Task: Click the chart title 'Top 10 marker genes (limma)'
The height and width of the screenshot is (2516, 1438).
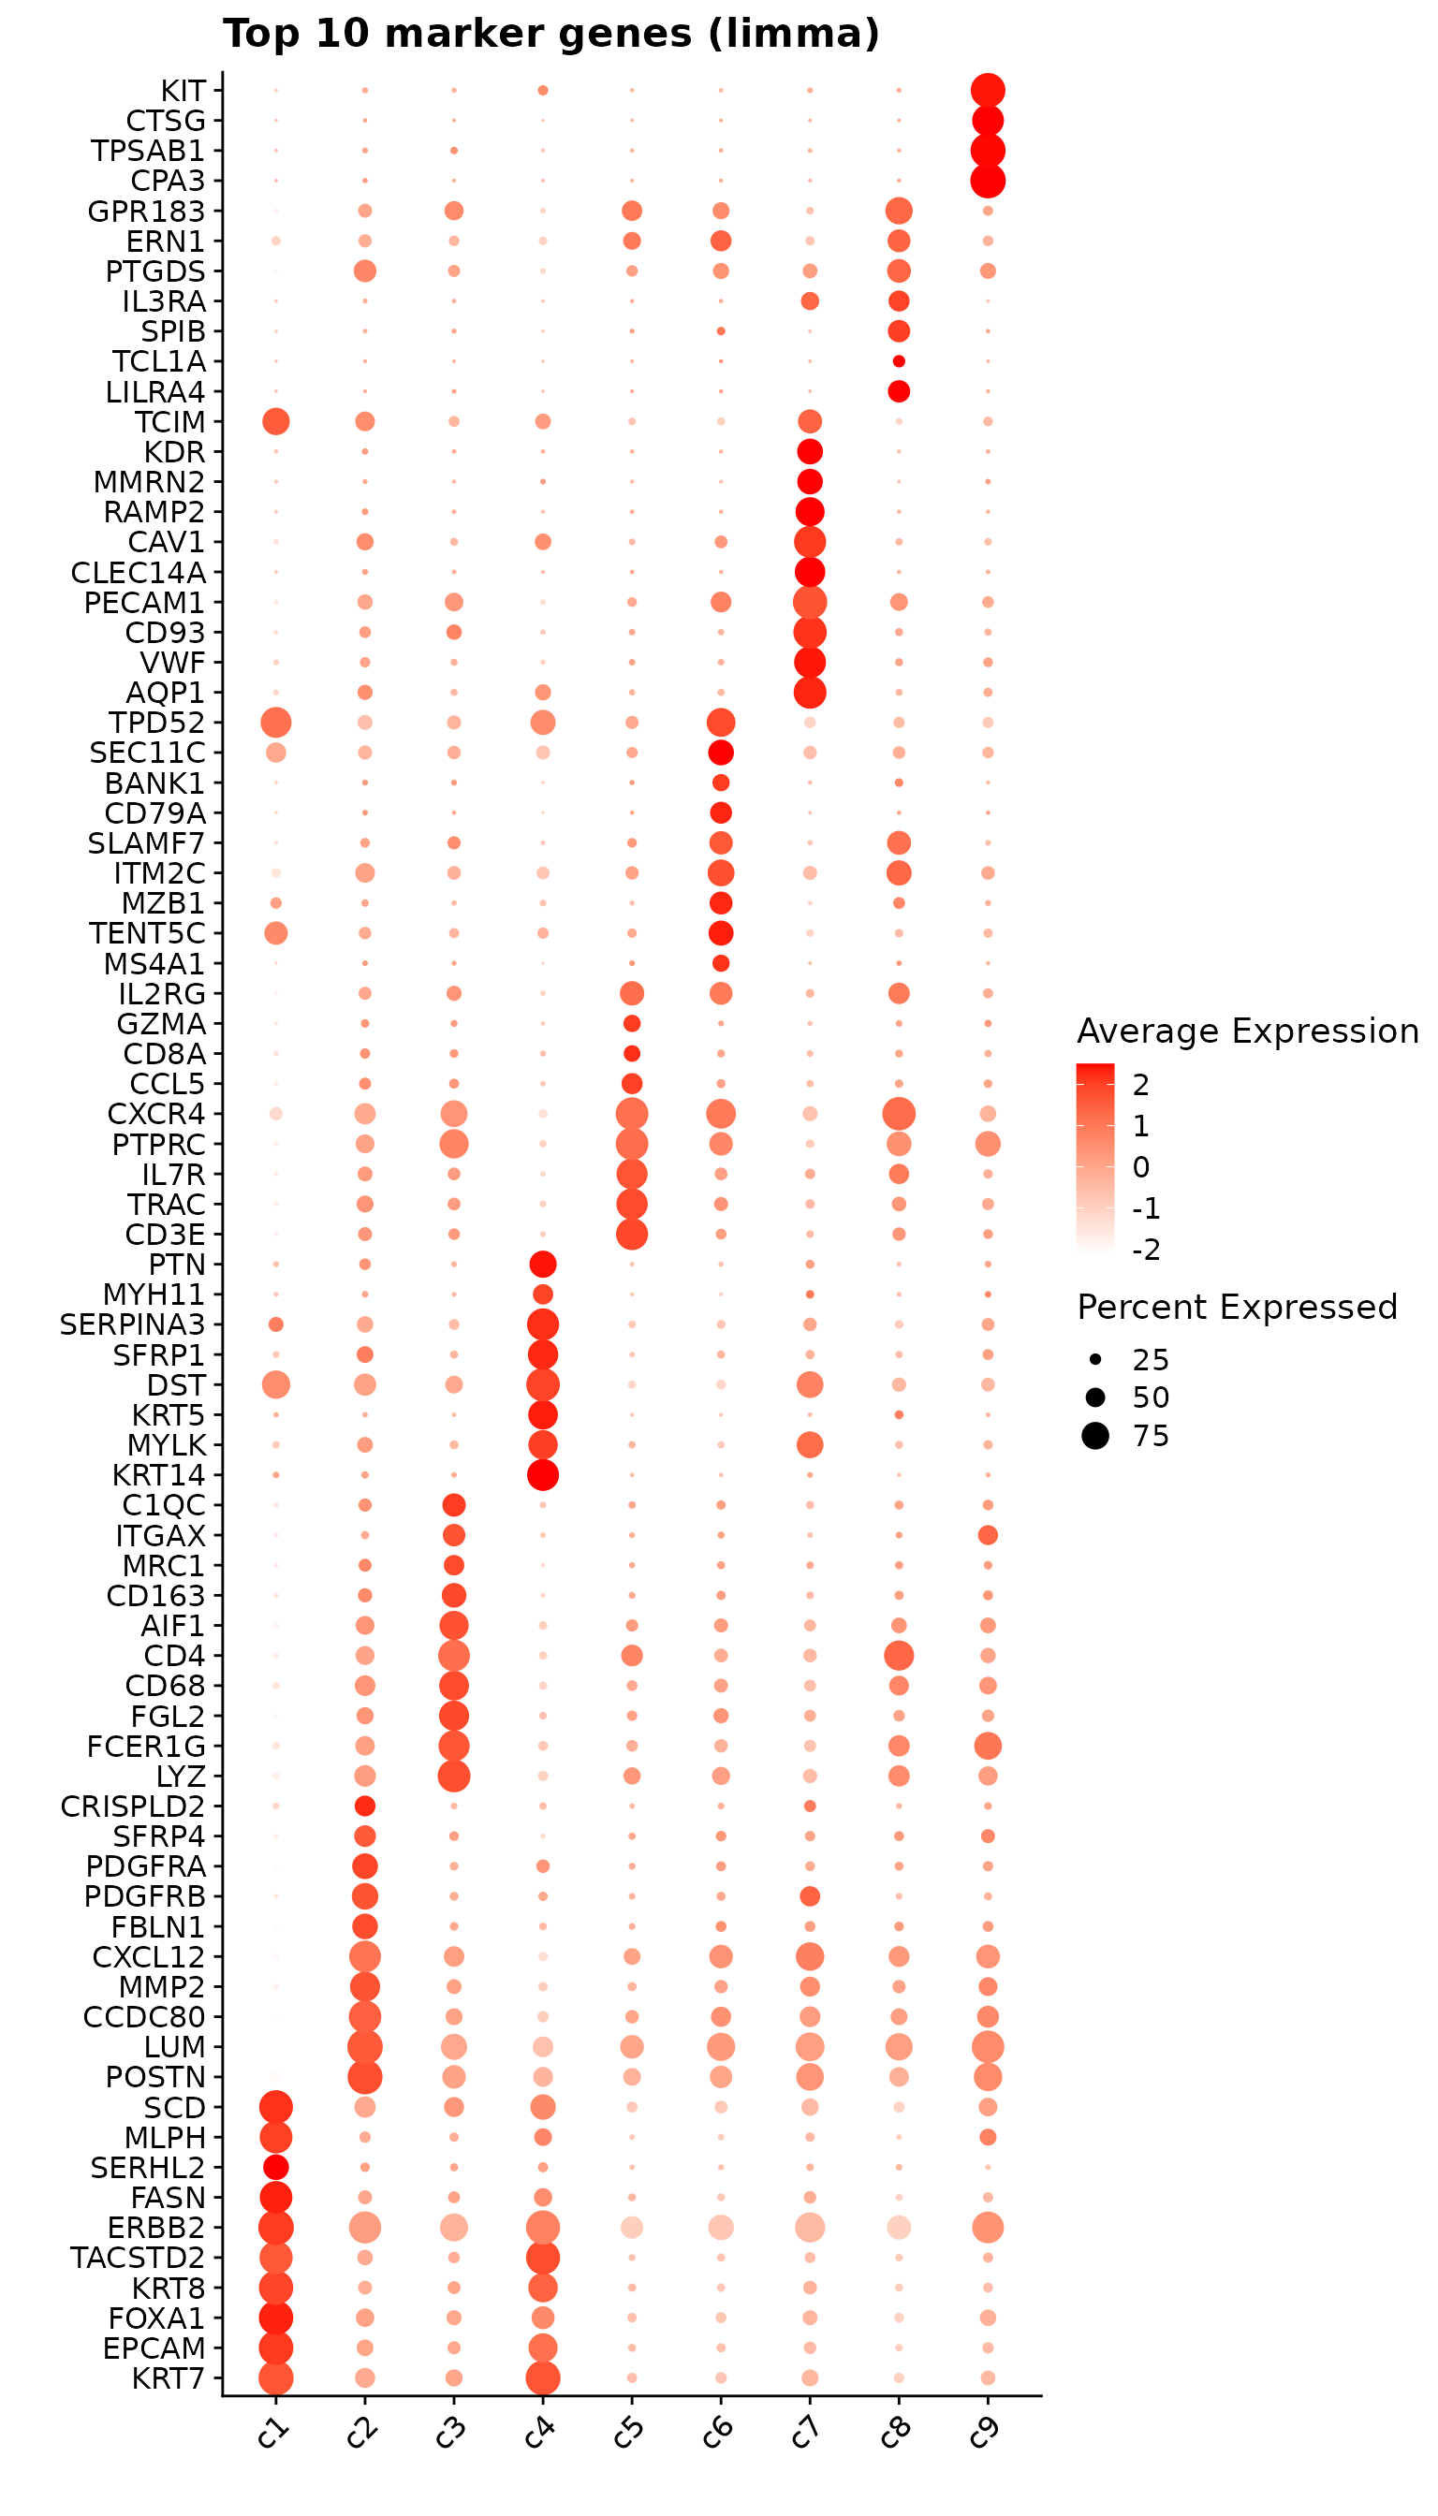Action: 551,34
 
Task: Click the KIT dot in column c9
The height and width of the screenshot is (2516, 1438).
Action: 988,91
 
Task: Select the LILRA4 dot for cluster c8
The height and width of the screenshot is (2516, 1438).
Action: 899,392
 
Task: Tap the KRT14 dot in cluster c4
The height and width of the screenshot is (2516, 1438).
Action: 542,1475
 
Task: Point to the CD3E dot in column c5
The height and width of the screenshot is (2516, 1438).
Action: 632,1235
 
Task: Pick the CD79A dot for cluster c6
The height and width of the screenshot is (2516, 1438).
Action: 721,812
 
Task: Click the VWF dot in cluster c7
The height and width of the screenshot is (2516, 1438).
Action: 810,662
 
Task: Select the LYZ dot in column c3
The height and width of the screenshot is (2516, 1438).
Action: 453,1777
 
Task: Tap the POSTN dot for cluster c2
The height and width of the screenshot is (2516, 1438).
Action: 364,2078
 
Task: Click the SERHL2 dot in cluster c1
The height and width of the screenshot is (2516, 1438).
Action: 275,2168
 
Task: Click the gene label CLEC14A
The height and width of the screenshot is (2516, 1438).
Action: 139,573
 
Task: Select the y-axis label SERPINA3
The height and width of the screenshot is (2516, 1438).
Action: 132,1325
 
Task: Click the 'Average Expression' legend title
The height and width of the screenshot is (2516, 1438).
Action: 1247,1031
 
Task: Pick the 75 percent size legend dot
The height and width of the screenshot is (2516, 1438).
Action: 1095,1436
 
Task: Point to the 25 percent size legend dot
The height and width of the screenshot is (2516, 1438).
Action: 1095,1360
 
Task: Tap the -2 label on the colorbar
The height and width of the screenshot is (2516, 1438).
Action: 1146,1251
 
